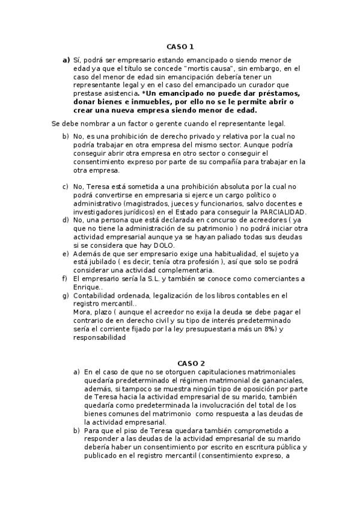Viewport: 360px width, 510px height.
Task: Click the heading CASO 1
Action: point(180,46)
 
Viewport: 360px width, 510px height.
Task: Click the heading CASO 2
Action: point(191,363)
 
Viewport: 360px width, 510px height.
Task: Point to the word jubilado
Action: point(103,262)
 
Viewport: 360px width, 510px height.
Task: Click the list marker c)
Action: point(65,186)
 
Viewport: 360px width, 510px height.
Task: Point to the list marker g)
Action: point(65,295)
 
